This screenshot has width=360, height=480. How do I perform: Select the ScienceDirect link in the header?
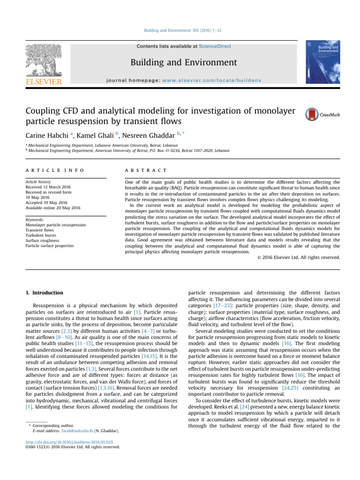215,46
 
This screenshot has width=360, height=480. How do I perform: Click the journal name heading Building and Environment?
183,62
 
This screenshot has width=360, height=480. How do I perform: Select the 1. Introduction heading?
44,292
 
